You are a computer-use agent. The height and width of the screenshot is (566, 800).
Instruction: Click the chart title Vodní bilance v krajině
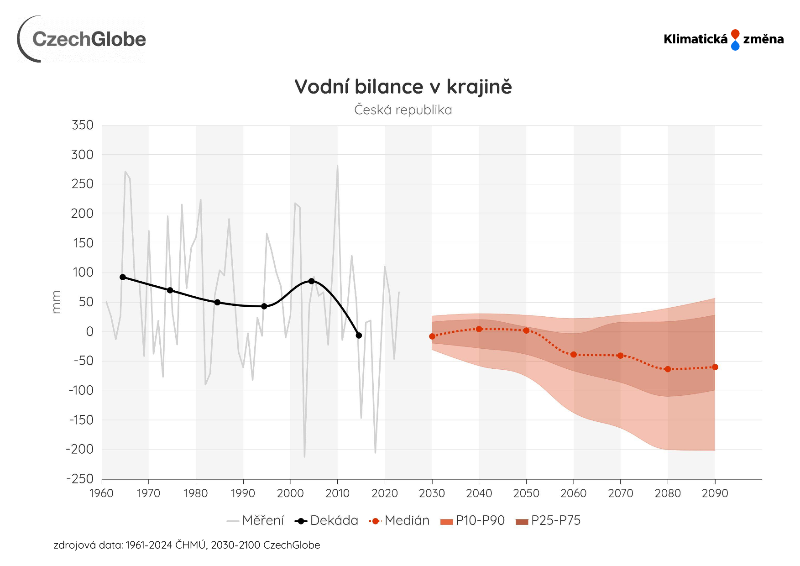coord(403,87)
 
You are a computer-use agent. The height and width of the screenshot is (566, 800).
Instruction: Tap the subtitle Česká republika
coord(403,110)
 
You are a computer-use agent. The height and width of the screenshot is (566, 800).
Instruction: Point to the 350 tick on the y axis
coord(83,125)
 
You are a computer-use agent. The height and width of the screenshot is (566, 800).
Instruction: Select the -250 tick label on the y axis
coord(81,479)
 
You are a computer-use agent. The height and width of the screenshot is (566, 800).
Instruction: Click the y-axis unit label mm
coord(56,302)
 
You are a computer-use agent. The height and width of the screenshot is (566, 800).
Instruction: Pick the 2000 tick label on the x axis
coord(290,493)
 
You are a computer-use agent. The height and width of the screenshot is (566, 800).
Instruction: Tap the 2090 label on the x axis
coord(715,493)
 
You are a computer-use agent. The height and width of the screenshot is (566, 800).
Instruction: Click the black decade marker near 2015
coord(359,335)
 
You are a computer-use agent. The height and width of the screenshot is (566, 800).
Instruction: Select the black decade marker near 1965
coord(123,277)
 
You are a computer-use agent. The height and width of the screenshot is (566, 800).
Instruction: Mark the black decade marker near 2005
coord(312,281)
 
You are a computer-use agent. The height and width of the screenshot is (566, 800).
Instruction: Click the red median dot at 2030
coord(432,336)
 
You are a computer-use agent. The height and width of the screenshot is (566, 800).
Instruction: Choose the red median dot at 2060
coord(574,355)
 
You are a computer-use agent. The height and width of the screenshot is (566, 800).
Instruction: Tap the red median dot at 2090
coord(715,367)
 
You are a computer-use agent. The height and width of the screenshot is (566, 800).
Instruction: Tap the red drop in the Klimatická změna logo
coord(735,34)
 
